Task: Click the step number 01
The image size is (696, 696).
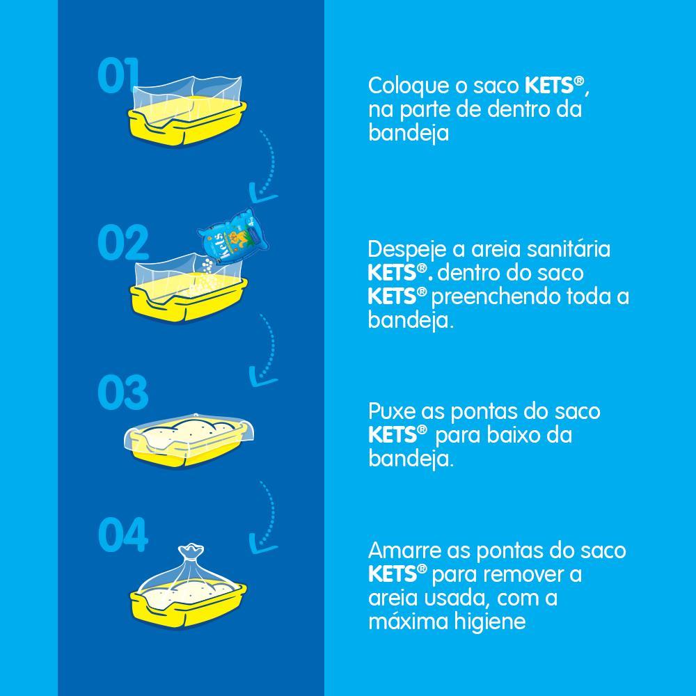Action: coord(118,76)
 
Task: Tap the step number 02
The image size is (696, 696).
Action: coord(123,243)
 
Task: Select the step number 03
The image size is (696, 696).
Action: coord(123,393)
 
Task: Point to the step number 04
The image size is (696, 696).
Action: coord(123,535)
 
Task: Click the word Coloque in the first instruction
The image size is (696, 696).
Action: coord(407,86)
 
